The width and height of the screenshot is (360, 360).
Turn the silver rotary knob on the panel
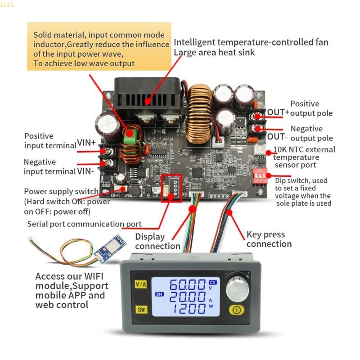coord(237,286)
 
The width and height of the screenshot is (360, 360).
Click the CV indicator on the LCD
coord(213,282)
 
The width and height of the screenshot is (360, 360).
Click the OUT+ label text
coord(278,112)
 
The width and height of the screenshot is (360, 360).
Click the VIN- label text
coord(85,171)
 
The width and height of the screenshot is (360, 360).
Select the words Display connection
coord(157,241)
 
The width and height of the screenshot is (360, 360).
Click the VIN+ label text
coord(86,143)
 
